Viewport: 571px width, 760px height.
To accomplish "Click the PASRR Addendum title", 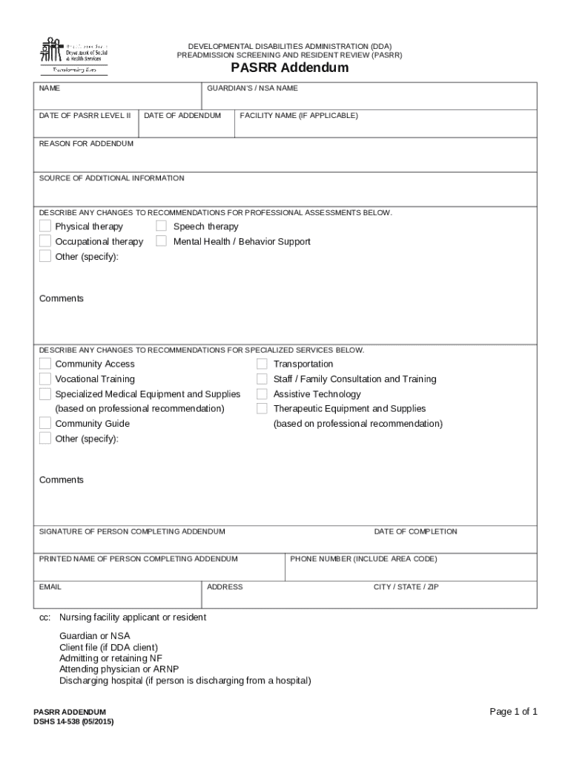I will pyautogui.click(x=289, y=68).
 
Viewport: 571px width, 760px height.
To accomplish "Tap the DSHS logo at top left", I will pyautogui.click(x=73, y=55).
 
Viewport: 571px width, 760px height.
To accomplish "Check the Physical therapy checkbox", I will pyautogui.click(x=45, y=226).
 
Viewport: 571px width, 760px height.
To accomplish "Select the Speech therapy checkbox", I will pyautogui.click(x=161, y=226).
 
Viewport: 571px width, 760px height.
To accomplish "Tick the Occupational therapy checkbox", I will pyautogui.click(x=45, y=241).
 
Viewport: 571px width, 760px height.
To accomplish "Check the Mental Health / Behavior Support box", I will pyautogui.click(x=161, y=241).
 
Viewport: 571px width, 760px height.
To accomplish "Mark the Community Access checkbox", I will pyautogui.click(x=45, y=364).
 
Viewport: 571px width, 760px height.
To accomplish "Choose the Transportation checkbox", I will pyautogui.click(x=262, y=364).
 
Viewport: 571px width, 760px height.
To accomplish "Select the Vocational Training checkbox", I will pyautogui.click(x=45, y=379).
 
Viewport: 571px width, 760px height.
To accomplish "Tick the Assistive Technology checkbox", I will pyautogui.click(x=262, y=394).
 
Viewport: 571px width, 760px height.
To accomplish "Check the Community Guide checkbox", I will pyautogui.click(x=45, y=423).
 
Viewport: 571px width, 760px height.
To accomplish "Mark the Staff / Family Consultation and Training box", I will pyautogui.click(x=262, y=379).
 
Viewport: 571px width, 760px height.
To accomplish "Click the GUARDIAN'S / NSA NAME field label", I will pyautogui.click(x=252, y=88).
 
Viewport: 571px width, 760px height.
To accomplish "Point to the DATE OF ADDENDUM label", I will pyautogui.click(x=182, y=116).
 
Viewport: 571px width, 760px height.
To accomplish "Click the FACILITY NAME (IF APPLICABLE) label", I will pyautogui.click(x=298, y=116).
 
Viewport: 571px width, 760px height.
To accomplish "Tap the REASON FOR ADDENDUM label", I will pyautogui.click(x=86, y=143).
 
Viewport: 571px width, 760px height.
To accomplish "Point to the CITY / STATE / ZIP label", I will pyautogui.click(x=406, y=587).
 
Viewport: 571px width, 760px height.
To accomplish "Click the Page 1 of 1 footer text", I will pyautogui.click(x=513, y=712).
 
